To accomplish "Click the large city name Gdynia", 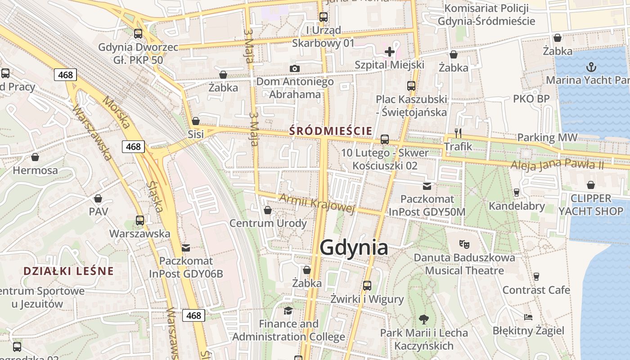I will point(354,248).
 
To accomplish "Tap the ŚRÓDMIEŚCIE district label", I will point(331,131).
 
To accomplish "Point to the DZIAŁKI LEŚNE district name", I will point(68,271).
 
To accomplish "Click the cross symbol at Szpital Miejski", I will point(390,52).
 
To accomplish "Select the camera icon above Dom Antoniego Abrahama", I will point(295,68).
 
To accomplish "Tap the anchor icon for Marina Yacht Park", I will point(591,67).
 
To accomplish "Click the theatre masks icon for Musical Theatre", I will point(464,244).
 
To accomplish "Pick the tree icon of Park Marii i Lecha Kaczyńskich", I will point(423,319).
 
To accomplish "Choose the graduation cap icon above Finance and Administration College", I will point(288,310).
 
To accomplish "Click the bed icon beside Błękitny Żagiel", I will point(528,317).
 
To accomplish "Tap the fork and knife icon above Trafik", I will point(458,133).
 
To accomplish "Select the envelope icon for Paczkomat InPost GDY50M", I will point(427,186).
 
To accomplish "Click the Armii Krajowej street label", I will point(317,203).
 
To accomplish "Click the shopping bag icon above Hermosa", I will point(35,157).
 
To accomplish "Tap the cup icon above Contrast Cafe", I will point(536,276).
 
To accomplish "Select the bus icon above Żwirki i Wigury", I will point(367,285).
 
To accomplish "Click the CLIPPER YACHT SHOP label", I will point(590,205).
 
